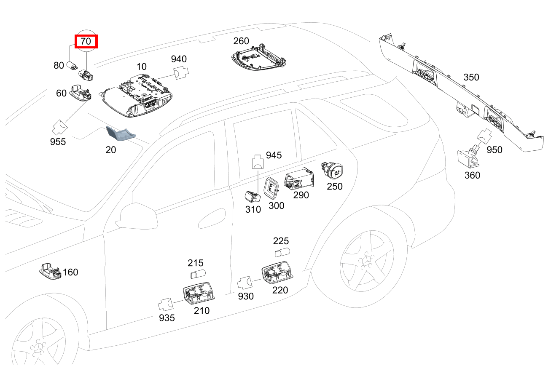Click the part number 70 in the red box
tap(86, 42)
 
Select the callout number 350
tap(471, 77)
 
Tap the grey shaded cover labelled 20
tap(121, 134)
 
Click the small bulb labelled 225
tap(281, 253)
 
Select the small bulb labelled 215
tap(197, 275)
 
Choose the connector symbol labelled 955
tap(60, 127)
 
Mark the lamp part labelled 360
tap(469, 158)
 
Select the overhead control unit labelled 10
tap(137, 95)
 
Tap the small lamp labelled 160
tap(51, 270)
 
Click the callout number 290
tap(301, 195)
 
